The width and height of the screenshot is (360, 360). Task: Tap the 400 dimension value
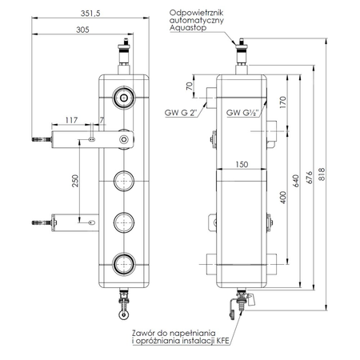pos(282,196)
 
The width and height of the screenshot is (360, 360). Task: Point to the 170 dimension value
pos(282,102)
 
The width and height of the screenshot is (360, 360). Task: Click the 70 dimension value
pos(190,86)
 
